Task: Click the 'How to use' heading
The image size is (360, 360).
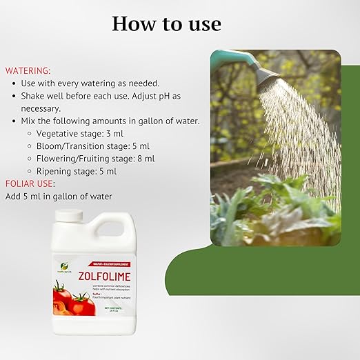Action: coord(166,23)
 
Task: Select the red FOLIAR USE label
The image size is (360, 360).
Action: coord(30,183)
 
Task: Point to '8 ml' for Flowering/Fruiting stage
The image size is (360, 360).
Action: coord(146,158)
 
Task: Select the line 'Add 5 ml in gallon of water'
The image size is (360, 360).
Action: coord(59,197)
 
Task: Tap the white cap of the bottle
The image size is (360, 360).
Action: coord(68,216)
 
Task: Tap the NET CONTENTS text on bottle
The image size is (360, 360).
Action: coord(112,308)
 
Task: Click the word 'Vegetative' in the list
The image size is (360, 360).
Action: coord(59,133)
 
